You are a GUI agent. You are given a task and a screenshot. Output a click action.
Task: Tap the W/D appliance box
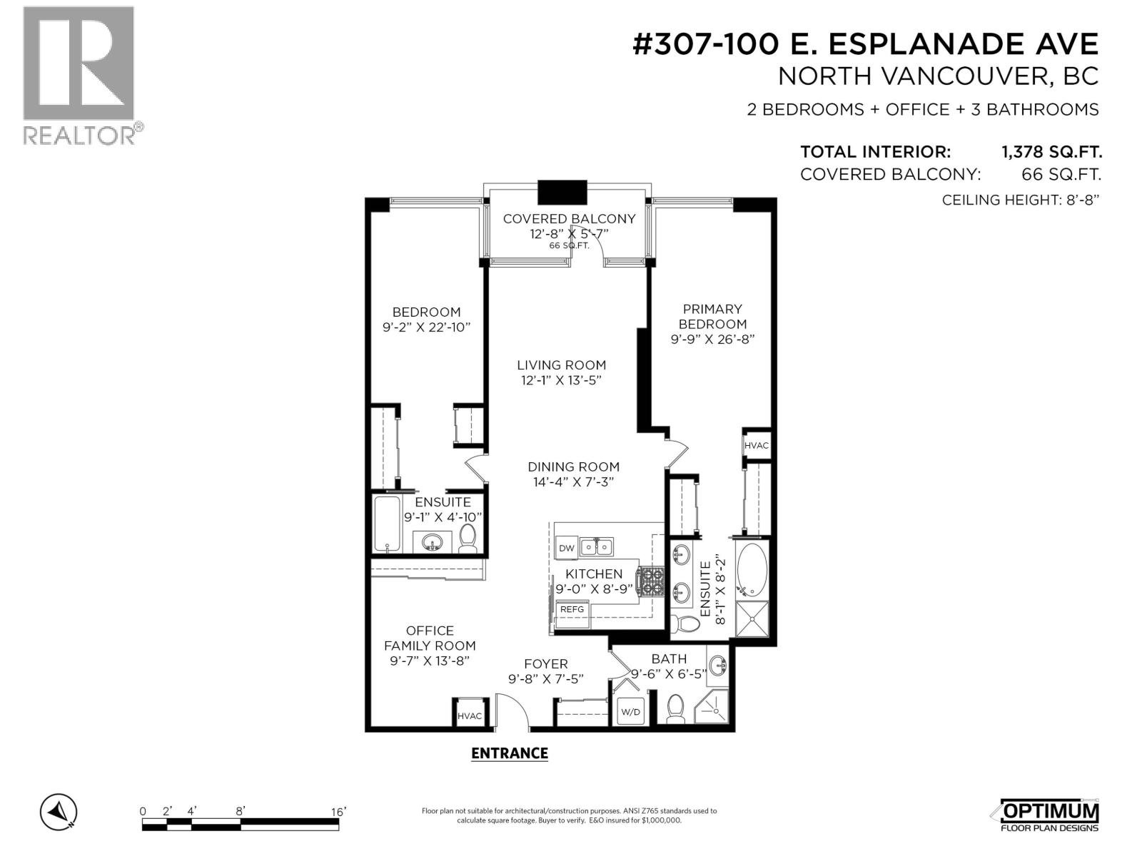[x=630, y=711]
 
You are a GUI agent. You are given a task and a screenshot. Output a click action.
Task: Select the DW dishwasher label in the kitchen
[x=566, y=549]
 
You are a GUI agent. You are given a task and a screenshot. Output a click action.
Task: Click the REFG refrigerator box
[x=572, y=609]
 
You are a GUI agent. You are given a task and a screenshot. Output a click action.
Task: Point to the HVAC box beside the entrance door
[x=469, y=711]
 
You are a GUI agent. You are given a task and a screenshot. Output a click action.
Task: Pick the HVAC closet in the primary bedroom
[x=756, y=445]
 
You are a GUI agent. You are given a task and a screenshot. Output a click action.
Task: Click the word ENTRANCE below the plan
[x=510, y=753]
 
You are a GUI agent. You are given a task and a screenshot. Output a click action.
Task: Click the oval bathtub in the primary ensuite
[x=751, y=570]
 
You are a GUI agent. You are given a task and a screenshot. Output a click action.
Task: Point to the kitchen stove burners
[x=652, y=581]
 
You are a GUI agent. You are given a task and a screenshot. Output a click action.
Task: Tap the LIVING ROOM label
[x=561, y=365]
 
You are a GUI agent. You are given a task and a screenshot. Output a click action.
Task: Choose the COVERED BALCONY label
[x=569, y=219]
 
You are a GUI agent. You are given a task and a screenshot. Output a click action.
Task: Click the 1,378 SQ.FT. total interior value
[x=1051, y=152]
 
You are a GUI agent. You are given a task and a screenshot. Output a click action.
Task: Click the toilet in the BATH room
[x=675, y=708]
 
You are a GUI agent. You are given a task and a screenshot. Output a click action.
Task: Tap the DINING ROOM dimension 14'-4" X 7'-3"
[x=573, y=481]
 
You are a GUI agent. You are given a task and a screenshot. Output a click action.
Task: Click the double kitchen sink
[x=597, y=546]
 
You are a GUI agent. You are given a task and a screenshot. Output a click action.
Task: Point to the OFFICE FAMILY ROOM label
[x=430, y=638]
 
